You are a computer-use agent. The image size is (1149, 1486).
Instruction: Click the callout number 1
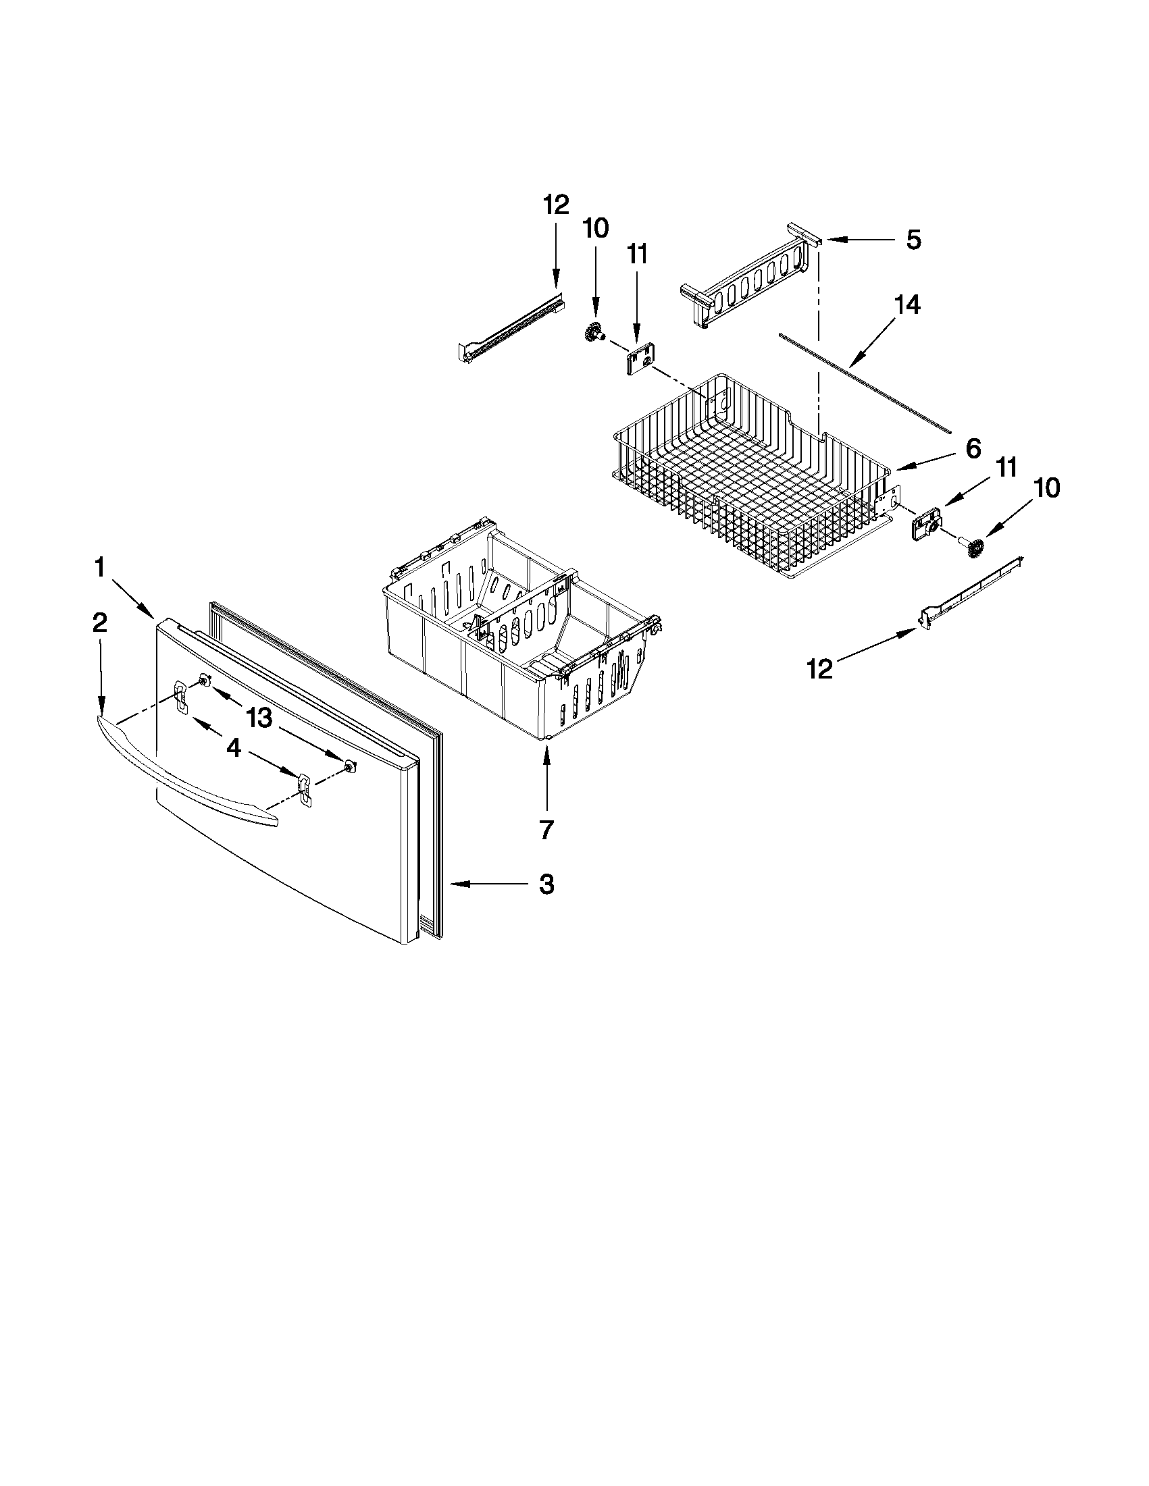[x=100, y=566]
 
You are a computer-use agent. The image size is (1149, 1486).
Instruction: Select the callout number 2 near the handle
[x=100, y=622]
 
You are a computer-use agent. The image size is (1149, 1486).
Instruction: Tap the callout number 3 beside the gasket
[x=546, y=884]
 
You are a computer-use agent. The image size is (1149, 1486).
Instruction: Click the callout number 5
[x=913, y=240]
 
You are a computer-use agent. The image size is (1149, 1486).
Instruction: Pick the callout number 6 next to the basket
[x=973, y=448]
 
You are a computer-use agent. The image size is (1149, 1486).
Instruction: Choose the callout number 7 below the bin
[x=546, y=828]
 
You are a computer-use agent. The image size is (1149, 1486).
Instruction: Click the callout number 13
[x=259, y=717]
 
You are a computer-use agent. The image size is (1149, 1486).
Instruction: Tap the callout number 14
[x=907, y=304]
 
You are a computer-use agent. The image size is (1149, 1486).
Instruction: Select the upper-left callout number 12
[x=556, y=204]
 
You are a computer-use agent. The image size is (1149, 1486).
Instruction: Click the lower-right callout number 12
[x=819, y=670]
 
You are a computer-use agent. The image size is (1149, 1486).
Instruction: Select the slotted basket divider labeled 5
[x=748, y=279]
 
